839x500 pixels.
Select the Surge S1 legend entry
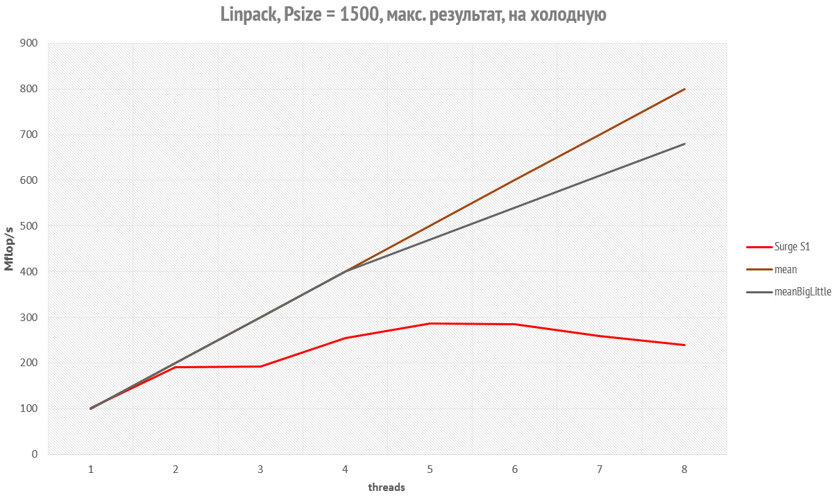792,246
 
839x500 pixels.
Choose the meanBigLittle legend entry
802,292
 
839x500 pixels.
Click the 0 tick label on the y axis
33,454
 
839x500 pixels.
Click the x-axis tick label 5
430,469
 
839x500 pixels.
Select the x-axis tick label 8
684,469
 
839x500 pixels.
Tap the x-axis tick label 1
91,469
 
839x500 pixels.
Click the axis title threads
387,488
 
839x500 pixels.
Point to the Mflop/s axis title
10,248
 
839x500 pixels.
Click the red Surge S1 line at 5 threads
430,323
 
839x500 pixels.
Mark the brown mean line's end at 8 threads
684,89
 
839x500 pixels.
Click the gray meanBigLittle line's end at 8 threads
684,144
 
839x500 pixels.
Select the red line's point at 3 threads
260,366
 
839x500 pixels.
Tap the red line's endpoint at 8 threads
684,345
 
